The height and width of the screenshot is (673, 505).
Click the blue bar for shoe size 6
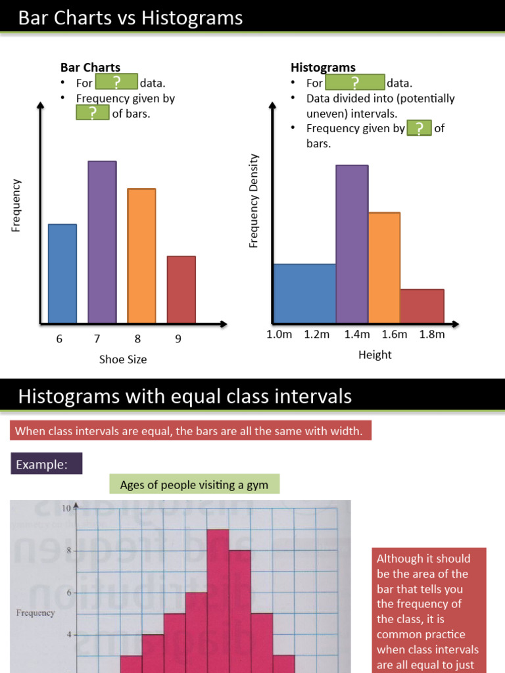point(62,273)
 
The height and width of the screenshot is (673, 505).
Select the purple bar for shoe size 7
point(102,242)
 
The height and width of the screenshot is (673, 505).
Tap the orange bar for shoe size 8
point(141,256)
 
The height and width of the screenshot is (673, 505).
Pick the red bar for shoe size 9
point(181,289)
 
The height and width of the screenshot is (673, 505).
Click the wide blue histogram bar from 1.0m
point(304,293)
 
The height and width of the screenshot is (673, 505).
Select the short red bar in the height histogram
point(421,306)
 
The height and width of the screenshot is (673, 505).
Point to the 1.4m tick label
point(356,334)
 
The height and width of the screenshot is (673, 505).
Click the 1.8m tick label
point(432,334)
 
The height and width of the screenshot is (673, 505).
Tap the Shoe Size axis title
point(123,359)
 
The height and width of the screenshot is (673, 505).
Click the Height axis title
point(375,355)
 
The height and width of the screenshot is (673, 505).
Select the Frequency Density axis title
point(254,201)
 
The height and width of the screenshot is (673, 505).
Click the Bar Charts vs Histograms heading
point(130,18)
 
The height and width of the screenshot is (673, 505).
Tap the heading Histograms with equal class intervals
point(185,396)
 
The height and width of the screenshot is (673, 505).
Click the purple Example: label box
point(47,464)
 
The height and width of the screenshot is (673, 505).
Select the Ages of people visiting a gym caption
point(194,485)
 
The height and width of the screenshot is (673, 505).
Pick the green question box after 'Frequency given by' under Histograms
point(419,128)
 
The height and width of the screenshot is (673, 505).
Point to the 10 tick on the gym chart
point(66,508)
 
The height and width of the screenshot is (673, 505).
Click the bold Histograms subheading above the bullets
point(323,67)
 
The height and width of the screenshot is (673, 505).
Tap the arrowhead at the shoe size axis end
point(223,323)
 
